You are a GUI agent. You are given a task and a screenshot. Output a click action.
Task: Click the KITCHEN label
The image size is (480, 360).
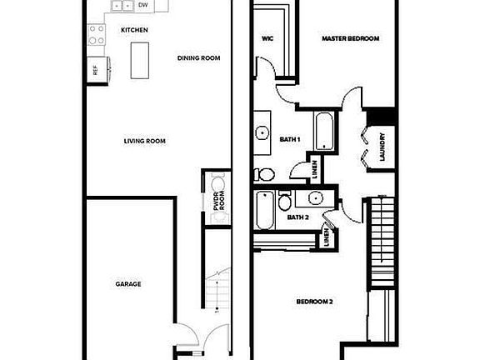pos(134,30)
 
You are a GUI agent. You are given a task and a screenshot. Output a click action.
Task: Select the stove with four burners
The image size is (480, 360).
pos(97,34)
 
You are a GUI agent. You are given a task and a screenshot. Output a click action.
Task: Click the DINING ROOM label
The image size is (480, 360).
pos(198,57)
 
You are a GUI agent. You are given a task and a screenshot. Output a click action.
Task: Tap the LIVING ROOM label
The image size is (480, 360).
pos(145,141)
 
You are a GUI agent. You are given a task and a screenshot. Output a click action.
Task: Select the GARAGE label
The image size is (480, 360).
pos(127,284)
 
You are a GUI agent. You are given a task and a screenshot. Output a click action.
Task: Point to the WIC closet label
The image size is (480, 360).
pos(267,38)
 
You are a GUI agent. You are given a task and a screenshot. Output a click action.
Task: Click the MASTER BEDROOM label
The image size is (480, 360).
pos(352,38)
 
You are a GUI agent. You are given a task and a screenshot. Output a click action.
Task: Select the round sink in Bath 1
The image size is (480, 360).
pos(262,132)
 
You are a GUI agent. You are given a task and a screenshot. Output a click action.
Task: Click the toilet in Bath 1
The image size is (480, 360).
pos(264,174)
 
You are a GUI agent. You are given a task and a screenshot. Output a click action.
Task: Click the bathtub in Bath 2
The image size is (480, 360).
pos(264,211)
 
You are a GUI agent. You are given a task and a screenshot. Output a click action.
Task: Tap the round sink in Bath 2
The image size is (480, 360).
pos(315,198)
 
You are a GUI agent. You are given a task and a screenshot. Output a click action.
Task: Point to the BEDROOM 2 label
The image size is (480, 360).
pos(315,301)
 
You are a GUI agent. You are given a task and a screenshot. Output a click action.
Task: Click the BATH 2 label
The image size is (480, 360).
pos(298,217)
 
